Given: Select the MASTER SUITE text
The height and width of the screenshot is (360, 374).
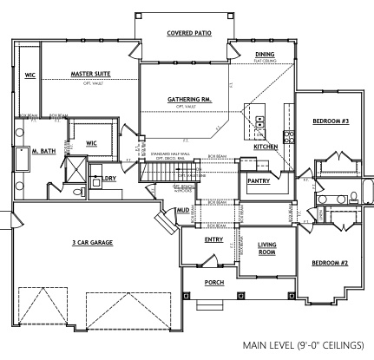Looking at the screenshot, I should coord(95,74).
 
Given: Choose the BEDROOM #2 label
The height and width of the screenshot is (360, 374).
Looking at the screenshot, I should coord(330,262).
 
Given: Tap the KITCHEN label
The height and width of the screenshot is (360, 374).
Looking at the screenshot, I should coord(266,147).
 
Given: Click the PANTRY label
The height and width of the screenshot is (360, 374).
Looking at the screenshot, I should coord(258,180).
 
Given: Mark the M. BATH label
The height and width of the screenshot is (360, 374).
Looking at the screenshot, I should coord(44,151).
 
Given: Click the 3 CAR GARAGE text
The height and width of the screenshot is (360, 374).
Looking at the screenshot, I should coord(94,242).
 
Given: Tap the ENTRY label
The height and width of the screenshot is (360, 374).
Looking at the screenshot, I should coord(214,239).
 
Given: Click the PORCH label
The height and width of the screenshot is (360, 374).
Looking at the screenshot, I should coord(214,283).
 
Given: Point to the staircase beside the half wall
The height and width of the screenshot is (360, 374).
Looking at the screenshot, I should coord(155,174).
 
